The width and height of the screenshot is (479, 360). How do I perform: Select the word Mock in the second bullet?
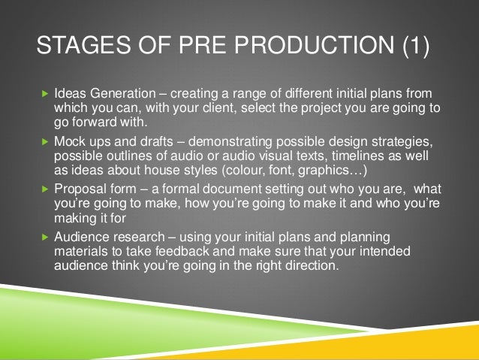point(69,141)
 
